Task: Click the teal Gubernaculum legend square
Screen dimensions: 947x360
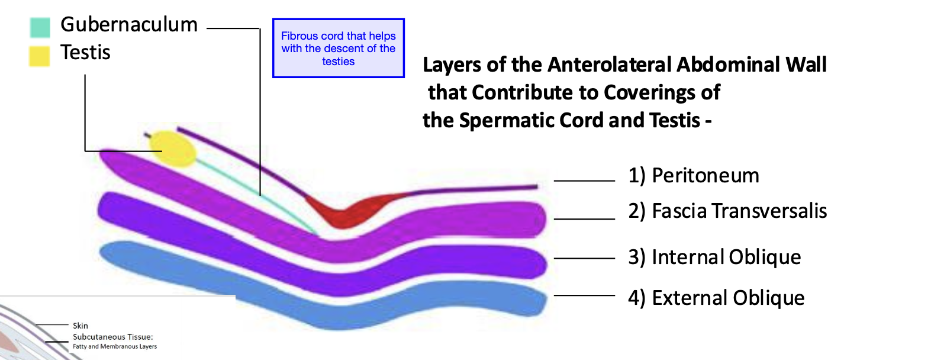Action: (40, 27)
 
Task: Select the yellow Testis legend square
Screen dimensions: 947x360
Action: (40, 56)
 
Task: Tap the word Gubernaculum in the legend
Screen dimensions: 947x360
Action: (129, 25)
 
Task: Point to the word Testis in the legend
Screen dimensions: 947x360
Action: (85, 53)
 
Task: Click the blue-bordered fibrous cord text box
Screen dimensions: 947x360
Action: (338, 48)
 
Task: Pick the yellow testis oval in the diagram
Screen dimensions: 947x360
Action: (173, 149)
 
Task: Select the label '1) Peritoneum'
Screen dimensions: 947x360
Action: (693, 175)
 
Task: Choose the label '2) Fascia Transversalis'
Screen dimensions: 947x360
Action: (727, 211)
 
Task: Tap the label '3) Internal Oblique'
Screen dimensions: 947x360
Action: (714, 257)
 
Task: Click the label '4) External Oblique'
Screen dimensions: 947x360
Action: (716, 298)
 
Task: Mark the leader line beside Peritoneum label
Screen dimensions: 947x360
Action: (584, 181)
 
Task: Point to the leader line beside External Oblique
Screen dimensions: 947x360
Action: (584, 295)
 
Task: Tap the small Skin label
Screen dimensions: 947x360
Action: (80, 326)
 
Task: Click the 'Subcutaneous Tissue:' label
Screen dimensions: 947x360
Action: (113, 337)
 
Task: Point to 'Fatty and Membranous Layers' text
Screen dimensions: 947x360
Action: (115, 346)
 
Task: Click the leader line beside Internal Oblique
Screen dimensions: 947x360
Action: (584, 258)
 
